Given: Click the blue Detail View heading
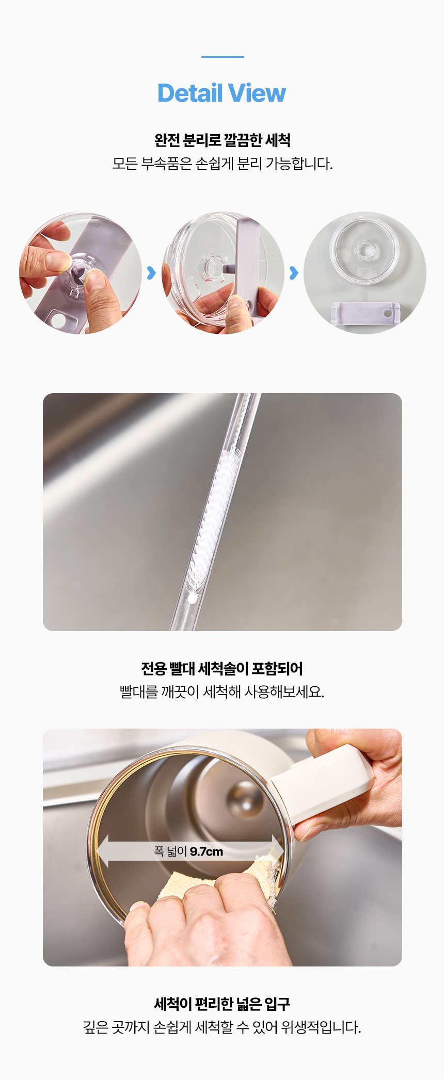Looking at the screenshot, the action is pyautogui.click(x=221, y=93).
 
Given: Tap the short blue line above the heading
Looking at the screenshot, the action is pyautogui.click(x=223, y=57).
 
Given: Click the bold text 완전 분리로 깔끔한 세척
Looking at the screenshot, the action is pyautogui.click(x=223, y=140).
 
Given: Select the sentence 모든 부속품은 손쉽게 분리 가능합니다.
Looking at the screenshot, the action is pyautogui.click(x=223, y=164).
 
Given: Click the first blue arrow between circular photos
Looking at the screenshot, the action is pyautogui.click(x=151, y=273).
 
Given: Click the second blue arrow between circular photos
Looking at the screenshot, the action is pyautogui.click(x=294, y=273).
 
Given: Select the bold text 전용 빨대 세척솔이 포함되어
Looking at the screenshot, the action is pyautogui.click(x=222, y=669).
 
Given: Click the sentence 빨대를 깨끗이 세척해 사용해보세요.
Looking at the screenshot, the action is pyautogui.click(x=222, y=692).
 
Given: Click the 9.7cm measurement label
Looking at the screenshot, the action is pyautogui.click(x=207, y=851).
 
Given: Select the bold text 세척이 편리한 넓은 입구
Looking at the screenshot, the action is pyautogui.click(x=222, y=1004).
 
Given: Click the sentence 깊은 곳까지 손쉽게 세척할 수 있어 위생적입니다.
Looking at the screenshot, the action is pyautogui.click(x=222, y=1027).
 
